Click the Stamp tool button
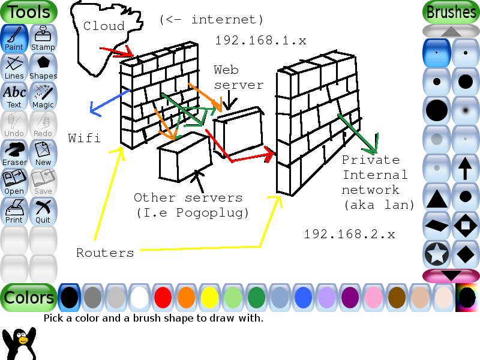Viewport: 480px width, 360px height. coord(43,38)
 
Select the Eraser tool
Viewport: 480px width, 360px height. coord(14,153)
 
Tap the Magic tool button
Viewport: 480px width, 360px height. coord(43,95)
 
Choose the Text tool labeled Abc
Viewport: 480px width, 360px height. coord(14,95)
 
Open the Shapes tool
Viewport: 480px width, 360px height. coord(43,67)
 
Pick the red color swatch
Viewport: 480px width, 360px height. coord(163,298)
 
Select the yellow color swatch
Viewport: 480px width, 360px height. coord(209,298)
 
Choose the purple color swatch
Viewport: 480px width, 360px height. coord(350,298)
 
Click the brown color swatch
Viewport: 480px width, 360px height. coord(397,298)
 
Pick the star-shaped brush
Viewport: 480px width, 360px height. coord(437,254)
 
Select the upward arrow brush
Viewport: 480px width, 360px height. coord(466,168)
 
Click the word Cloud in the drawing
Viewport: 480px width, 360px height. coord(104,26)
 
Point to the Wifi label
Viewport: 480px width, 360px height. coord(84,138)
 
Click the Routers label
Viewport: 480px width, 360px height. coord(105,253)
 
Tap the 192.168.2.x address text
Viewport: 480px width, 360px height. coord(349,234)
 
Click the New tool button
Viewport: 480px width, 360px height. coord(43,153)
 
